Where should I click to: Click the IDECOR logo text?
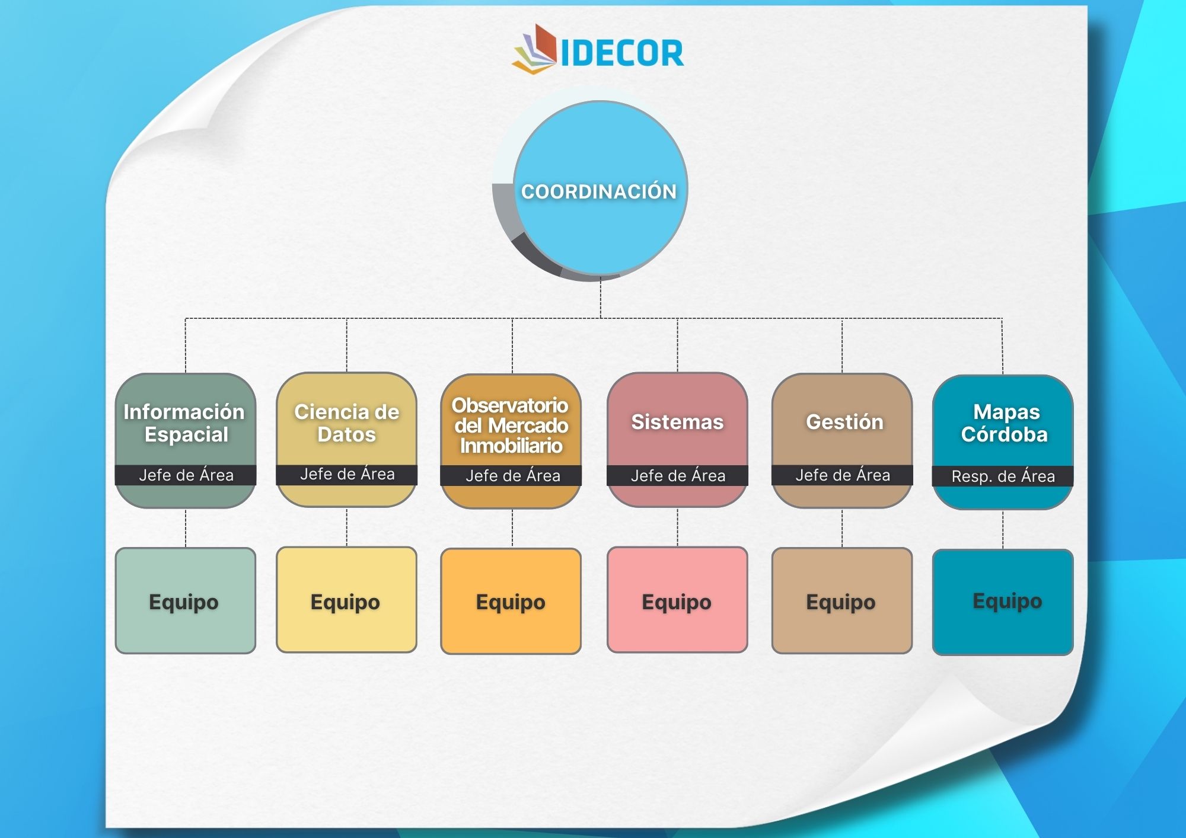(622, 53)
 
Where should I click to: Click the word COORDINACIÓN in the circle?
(599, 191)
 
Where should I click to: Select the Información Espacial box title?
(184, 423)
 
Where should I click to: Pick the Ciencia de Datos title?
(347, 423)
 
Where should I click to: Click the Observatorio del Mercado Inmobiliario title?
(511, 426)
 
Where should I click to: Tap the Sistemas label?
(677, 422)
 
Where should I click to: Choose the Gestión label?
(844, 422)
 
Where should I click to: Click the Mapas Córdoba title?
(1005, 423)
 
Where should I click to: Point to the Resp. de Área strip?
(1003, 476)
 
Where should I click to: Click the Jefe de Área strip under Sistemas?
(677, 475)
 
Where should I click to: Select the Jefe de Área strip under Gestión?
(842, 475)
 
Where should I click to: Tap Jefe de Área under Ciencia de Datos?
(347, 474)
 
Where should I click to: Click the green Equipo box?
(186, 600)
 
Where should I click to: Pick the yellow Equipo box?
(347, 600)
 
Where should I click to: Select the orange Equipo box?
(511, 601)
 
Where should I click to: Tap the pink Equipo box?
(677, 600)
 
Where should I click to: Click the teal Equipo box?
(1003, 602)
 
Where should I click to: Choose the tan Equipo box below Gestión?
(842, 600)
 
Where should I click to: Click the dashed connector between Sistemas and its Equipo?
(677, 527)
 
